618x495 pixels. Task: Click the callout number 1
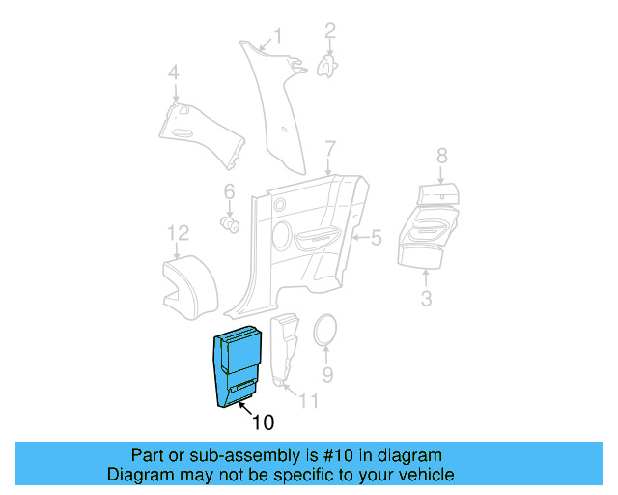pyautogui.click(x=277, y=37)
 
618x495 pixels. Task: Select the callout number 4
pyautogui.click(x=174, y=73)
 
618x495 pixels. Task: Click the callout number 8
pyautogui.click(x=441, y=156)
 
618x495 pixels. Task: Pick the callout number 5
pyautogui.click(x=377, y=236)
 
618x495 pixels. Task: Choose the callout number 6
pyautogui.click(x=230, y=190)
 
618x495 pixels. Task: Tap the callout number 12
pyautogui.click(x=178, y=233)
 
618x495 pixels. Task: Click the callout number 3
pyautogui.click(x=426, y=298)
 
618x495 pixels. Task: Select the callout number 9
pyautogui.click(x=326, y=373)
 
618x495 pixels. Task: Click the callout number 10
pyautogui.click(x=263, y=422)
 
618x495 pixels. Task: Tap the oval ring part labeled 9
pyautogui.click(x=326, y=331)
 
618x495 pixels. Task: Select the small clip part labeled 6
pyautogui.click(x=231, y=224)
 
